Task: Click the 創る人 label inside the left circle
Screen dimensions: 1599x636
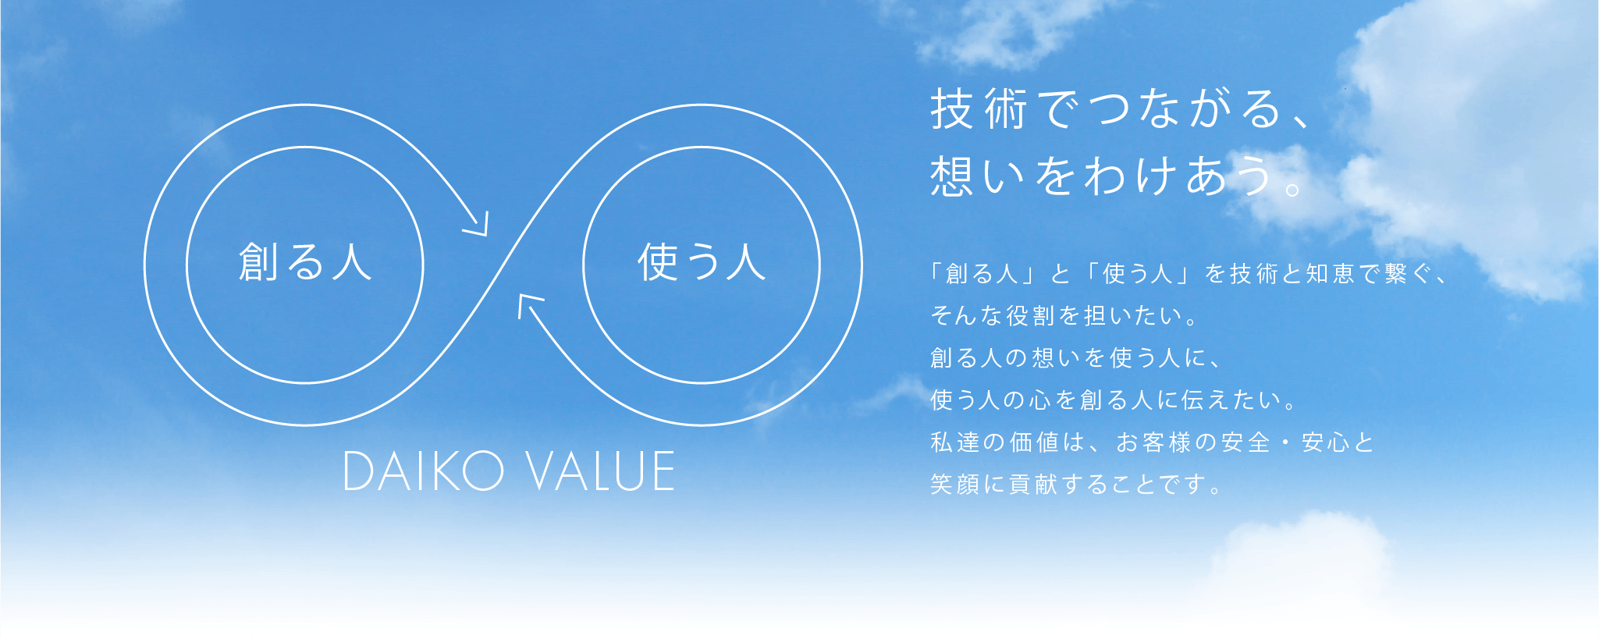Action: point(305,261)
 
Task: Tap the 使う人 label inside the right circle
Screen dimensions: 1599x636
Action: point(702,261)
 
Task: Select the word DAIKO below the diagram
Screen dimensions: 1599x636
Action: point(425,471)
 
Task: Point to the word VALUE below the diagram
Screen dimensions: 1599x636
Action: point(600,471)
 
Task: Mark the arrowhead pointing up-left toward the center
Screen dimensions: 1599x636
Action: point(530,306)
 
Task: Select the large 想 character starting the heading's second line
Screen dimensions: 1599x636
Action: point(951,176)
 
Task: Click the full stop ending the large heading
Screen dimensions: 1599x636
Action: point(1293,188)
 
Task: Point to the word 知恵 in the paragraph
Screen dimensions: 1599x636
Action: point(1330,274)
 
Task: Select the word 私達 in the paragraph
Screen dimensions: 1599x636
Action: point(955,442)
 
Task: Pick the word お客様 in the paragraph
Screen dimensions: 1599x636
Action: point(1153,442)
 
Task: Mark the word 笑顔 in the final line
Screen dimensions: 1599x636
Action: point(955,485)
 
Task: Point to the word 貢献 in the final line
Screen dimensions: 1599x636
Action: point(1034,485)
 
